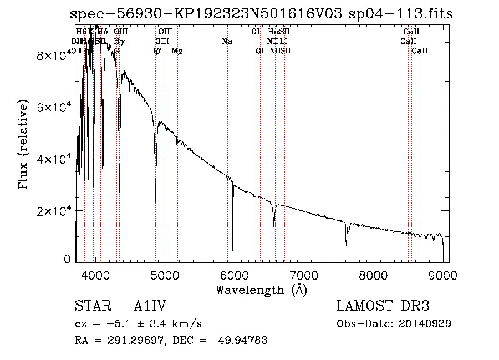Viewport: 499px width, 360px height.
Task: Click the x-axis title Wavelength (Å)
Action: pyautogui.click(x=261, y=290)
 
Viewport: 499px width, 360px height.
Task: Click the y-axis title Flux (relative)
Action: pyautogui.click(x=23, y=145)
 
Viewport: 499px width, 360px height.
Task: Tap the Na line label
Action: pyautogui.click(x=226, y=42)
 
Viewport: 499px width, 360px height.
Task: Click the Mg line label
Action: pyautogui.click(x=177, y=51)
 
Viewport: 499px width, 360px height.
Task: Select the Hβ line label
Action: pyautogui.click(x=155, y=51)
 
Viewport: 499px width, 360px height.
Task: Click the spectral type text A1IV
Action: pyautogui.click(x=150, y=306)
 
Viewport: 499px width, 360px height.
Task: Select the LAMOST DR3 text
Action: pyautogui.click(x=383, y=306)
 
